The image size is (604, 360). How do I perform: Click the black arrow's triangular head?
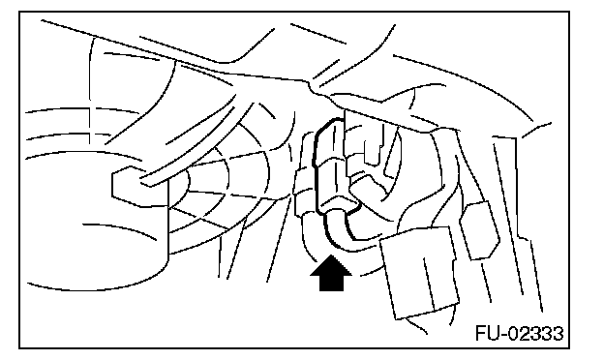(x=331, y=266)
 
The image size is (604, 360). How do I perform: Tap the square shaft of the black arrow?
(x=331, y=284)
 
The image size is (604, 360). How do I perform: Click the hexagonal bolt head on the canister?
(x=129, y=186)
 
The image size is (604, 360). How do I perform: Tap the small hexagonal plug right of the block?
(x=479, y=230)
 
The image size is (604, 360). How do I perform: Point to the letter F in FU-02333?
(x=481, y=333)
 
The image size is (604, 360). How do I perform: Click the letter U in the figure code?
(x=494, y=333)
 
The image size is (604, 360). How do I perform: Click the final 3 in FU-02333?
(x=559, y=333)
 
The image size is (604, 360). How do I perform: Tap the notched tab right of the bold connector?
(x=371, y=144)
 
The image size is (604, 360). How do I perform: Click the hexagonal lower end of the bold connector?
(x=339, y=203)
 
